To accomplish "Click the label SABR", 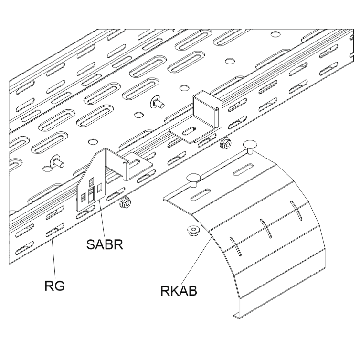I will (x=106, y=246).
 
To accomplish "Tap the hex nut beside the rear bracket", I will (x=227, y=142).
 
